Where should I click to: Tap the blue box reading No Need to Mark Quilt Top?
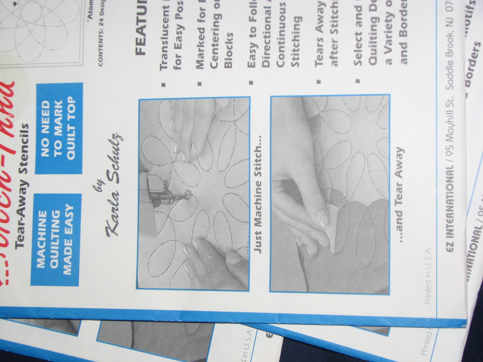tap(58, 128)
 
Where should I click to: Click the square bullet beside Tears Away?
tap(318, 81)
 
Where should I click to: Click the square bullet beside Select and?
tap(358, 81)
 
